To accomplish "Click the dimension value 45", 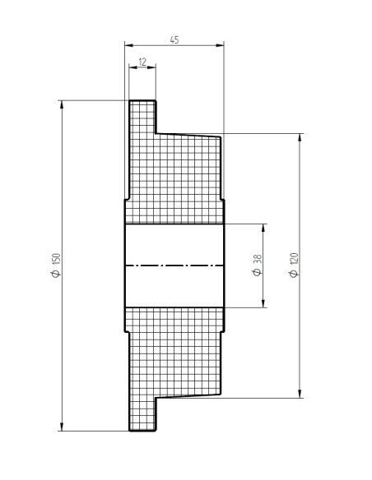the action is tap(174, 39).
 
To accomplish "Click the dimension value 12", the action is tap(142, 62).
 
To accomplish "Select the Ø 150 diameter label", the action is tap(57, 265).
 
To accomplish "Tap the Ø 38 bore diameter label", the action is tap(258, 265).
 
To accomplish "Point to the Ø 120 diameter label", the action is tap(294, 265).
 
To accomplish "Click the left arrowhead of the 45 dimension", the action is tap(129, 45).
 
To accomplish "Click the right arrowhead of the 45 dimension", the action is tap(220, 45).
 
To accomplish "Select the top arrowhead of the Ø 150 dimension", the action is tap(62, 104).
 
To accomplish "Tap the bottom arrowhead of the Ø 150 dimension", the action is tap(62, 427).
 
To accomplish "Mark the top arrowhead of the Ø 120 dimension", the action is tap(300, 137).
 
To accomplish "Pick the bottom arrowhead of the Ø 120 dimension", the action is tap(300, 394).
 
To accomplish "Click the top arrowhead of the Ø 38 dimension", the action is tap(263, 228).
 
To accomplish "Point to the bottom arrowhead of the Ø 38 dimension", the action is tap(263, 303).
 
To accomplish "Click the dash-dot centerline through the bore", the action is tap(174, 265).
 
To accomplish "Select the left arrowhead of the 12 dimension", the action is tap(133, 67).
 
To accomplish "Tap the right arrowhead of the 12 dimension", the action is tap(151, 67).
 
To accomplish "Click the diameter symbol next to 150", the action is tap(57, 274).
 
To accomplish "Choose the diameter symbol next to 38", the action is tap(258, 272).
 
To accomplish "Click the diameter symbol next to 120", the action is tap(294, 274).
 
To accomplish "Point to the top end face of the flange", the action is tap(142, 100).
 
